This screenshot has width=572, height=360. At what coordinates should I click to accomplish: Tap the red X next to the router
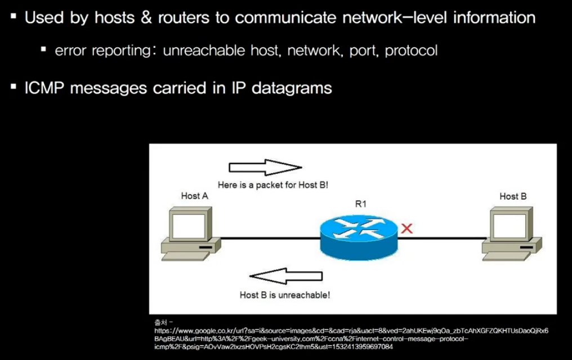[406, 228]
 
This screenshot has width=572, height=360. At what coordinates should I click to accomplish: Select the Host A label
[194, 196]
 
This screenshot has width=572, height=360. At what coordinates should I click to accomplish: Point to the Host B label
[513, 196]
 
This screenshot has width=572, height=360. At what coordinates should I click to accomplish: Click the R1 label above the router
[360, 204]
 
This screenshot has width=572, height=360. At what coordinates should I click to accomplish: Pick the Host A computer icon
[190, 235]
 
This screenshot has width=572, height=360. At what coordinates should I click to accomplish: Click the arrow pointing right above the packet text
[265, 167]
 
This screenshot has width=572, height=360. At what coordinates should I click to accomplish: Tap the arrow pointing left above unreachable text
[287, 276]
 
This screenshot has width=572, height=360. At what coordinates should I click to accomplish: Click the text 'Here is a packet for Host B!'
[272, 184]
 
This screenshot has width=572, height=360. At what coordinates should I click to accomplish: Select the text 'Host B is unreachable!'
[285, 294]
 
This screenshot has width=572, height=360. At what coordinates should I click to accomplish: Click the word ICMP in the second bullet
[45, 88]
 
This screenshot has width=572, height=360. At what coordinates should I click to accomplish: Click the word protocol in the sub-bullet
[411, 51]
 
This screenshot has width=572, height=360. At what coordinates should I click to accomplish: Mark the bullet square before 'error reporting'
[43, 49]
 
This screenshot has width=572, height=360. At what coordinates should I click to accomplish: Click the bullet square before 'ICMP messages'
[14, 87]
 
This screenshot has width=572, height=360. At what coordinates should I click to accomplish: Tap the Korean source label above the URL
[160, 321]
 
